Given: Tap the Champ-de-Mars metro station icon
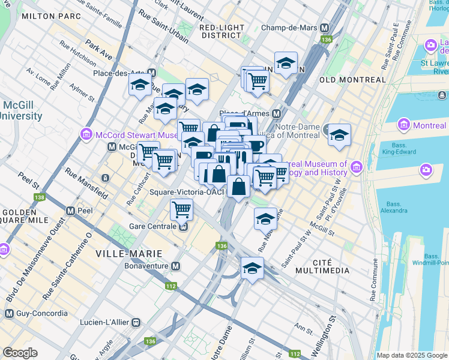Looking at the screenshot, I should point(325,28).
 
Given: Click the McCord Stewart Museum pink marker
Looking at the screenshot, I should point(86,133).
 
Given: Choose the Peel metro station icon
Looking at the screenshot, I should point(70,211).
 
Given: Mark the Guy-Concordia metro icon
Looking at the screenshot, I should point(9,313).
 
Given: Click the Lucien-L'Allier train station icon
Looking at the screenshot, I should point(136,322).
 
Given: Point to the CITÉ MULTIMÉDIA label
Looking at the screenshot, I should point(322,271).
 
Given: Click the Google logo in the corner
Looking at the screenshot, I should point(20,353).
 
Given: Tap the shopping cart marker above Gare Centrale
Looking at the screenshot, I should point(181,210).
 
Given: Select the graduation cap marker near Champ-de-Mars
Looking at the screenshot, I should point(286,63).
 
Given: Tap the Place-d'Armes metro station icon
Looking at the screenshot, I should point(277,113).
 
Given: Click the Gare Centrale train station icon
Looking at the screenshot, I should point(183,226).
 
